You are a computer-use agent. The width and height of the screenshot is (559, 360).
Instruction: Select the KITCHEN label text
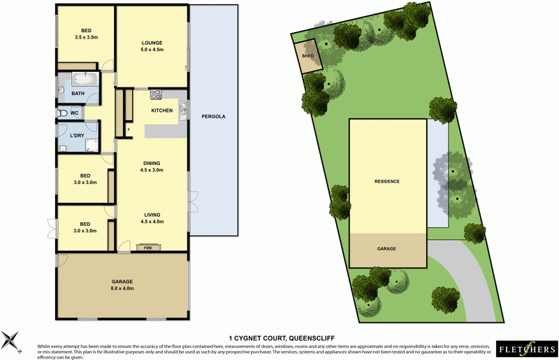click(x=162, y=111)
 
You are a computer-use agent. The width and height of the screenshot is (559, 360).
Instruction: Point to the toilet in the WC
click(x=62, y=113)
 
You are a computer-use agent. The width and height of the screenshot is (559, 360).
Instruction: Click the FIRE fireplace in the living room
click(x=148, y=247)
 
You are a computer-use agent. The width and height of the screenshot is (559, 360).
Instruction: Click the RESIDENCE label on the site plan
click(x=387, y=182)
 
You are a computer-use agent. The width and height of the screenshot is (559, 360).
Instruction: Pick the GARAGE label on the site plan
click(x=387, y=248)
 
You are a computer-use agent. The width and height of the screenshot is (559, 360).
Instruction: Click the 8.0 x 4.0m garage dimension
click(x=122, y=288)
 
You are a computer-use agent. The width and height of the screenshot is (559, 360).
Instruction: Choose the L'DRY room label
click(x=77, y=136)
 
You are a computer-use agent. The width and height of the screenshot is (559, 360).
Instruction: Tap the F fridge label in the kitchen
click(x=128, y=130)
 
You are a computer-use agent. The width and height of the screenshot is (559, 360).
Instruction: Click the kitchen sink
click(x=182, y=108)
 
